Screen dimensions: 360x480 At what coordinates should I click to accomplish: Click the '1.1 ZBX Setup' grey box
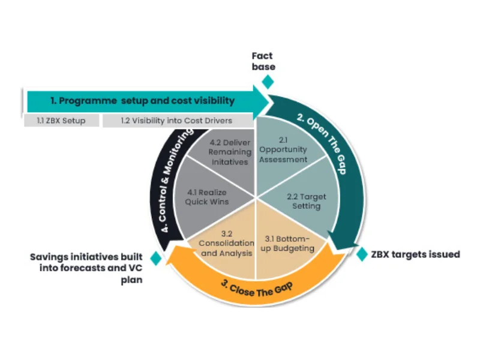click(x=61, y=121)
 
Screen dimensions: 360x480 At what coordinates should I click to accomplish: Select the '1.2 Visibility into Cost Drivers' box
click(x=176, y=121)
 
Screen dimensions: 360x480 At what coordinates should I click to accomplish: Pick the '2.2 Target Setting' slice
click(x=304, y=202)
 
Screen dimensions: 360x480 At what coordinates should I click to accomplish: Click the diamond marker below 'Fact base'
click(x=268, y=81)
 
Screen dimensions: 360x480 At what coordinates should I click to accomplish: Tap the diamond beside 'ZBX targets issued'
click(x=362, y=254)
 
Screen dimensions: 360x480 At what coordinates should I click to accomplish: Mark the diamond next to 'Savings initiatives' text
click(x=155, y=259)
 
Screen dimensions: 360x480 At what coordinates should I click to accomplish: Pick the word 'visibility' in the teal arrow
click(x=212, y=101)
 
